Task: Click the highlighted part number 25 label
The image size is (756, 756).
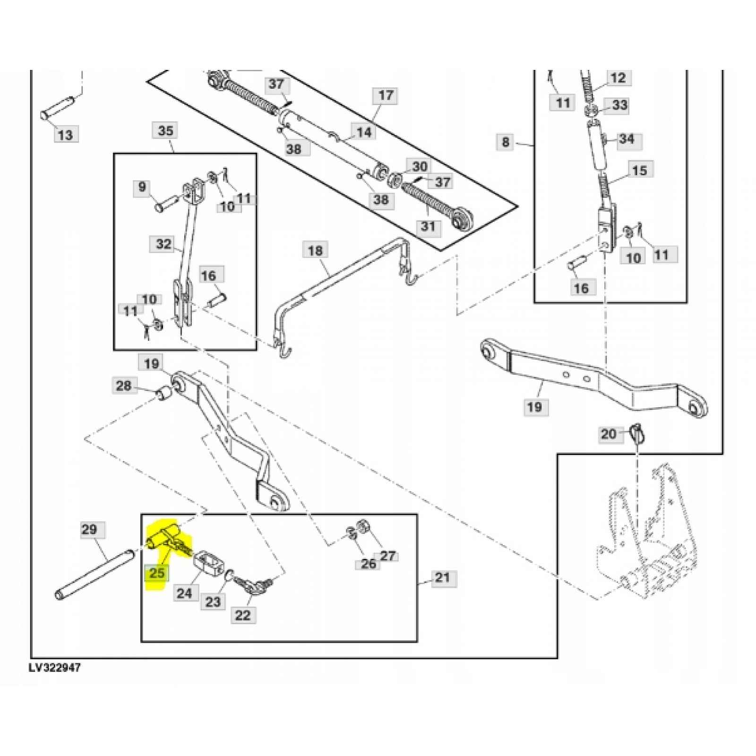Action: [157, 573]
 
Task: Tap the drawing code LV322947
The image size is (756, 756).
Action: [53, 668]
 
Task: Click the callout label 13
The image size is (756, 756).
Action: [65, 135]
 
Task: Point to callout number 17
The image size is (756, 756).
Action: [386, 95]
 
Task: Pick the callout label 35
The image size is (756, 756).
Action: [165, 130]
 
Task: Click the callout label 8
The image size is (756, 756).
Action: [506, 141]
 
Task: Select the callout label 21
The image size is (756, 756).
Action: [442, 577]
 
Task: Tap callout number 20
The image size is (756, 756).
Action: [609, 433]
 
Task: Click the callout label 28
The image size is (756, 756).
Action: [123, 386]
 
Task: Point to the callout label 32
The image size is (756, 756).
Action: [163, 244]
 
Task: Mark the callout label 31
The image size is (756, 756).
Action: [428, 226]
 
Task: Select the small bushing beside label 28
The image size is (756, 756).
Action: [163, 393]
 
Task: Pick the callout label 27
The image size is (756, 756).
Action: [387, 556]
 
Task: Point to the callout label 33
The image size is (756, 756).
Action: [619, 105]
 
